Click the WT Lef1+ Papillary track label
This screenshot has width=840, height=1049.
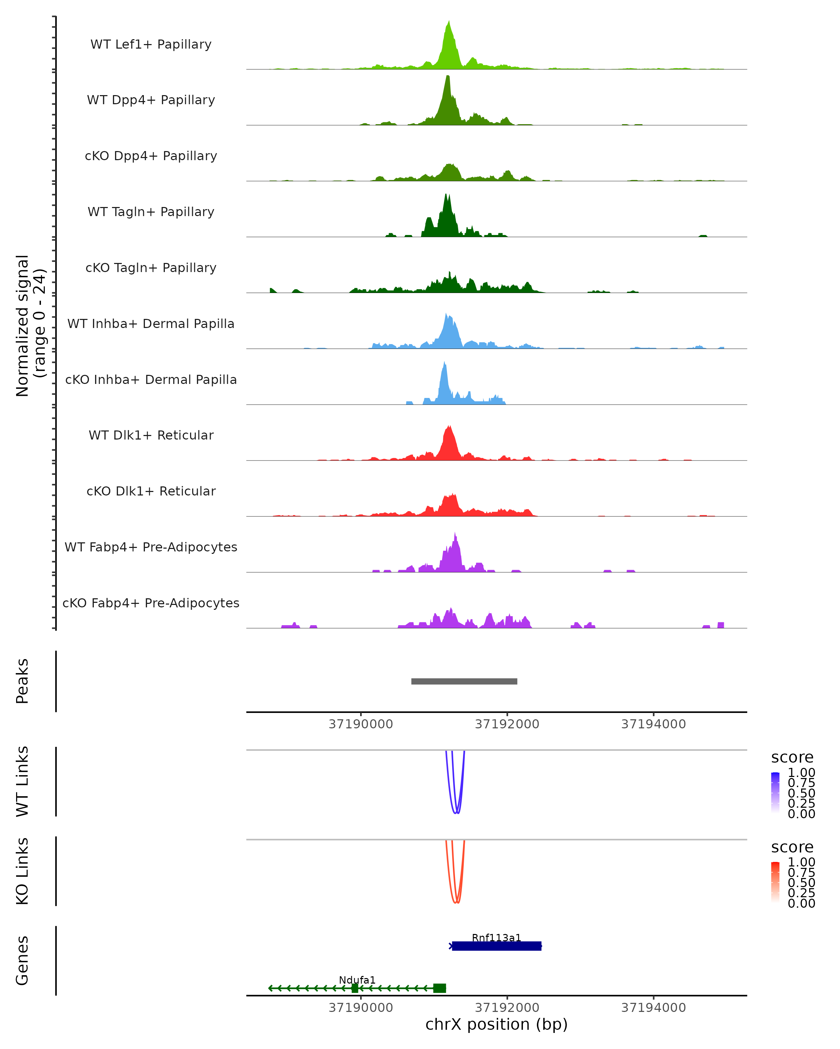[x=151, y=44]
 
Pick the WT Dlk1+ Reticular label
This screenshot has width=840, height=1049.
[x=151, y=435]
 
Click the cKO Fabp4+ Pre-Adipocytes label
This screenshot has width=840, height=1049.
[x=151, y=603]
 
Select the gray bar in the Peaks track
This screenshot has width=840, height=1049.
[x=464, y=681]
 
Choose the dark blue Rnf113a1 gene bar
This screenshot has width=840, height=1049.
[x=497, y=946]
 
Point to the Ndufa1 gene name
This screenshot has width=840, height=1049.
[x=357, y=980]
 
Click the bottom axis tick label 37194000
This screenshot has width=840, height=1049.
[x=653, y=1008]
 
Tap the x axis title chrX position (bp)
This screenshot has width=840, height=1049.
[x=496, y=1024]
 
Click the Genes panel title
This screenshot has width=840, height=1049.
[x=22, y=961]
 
